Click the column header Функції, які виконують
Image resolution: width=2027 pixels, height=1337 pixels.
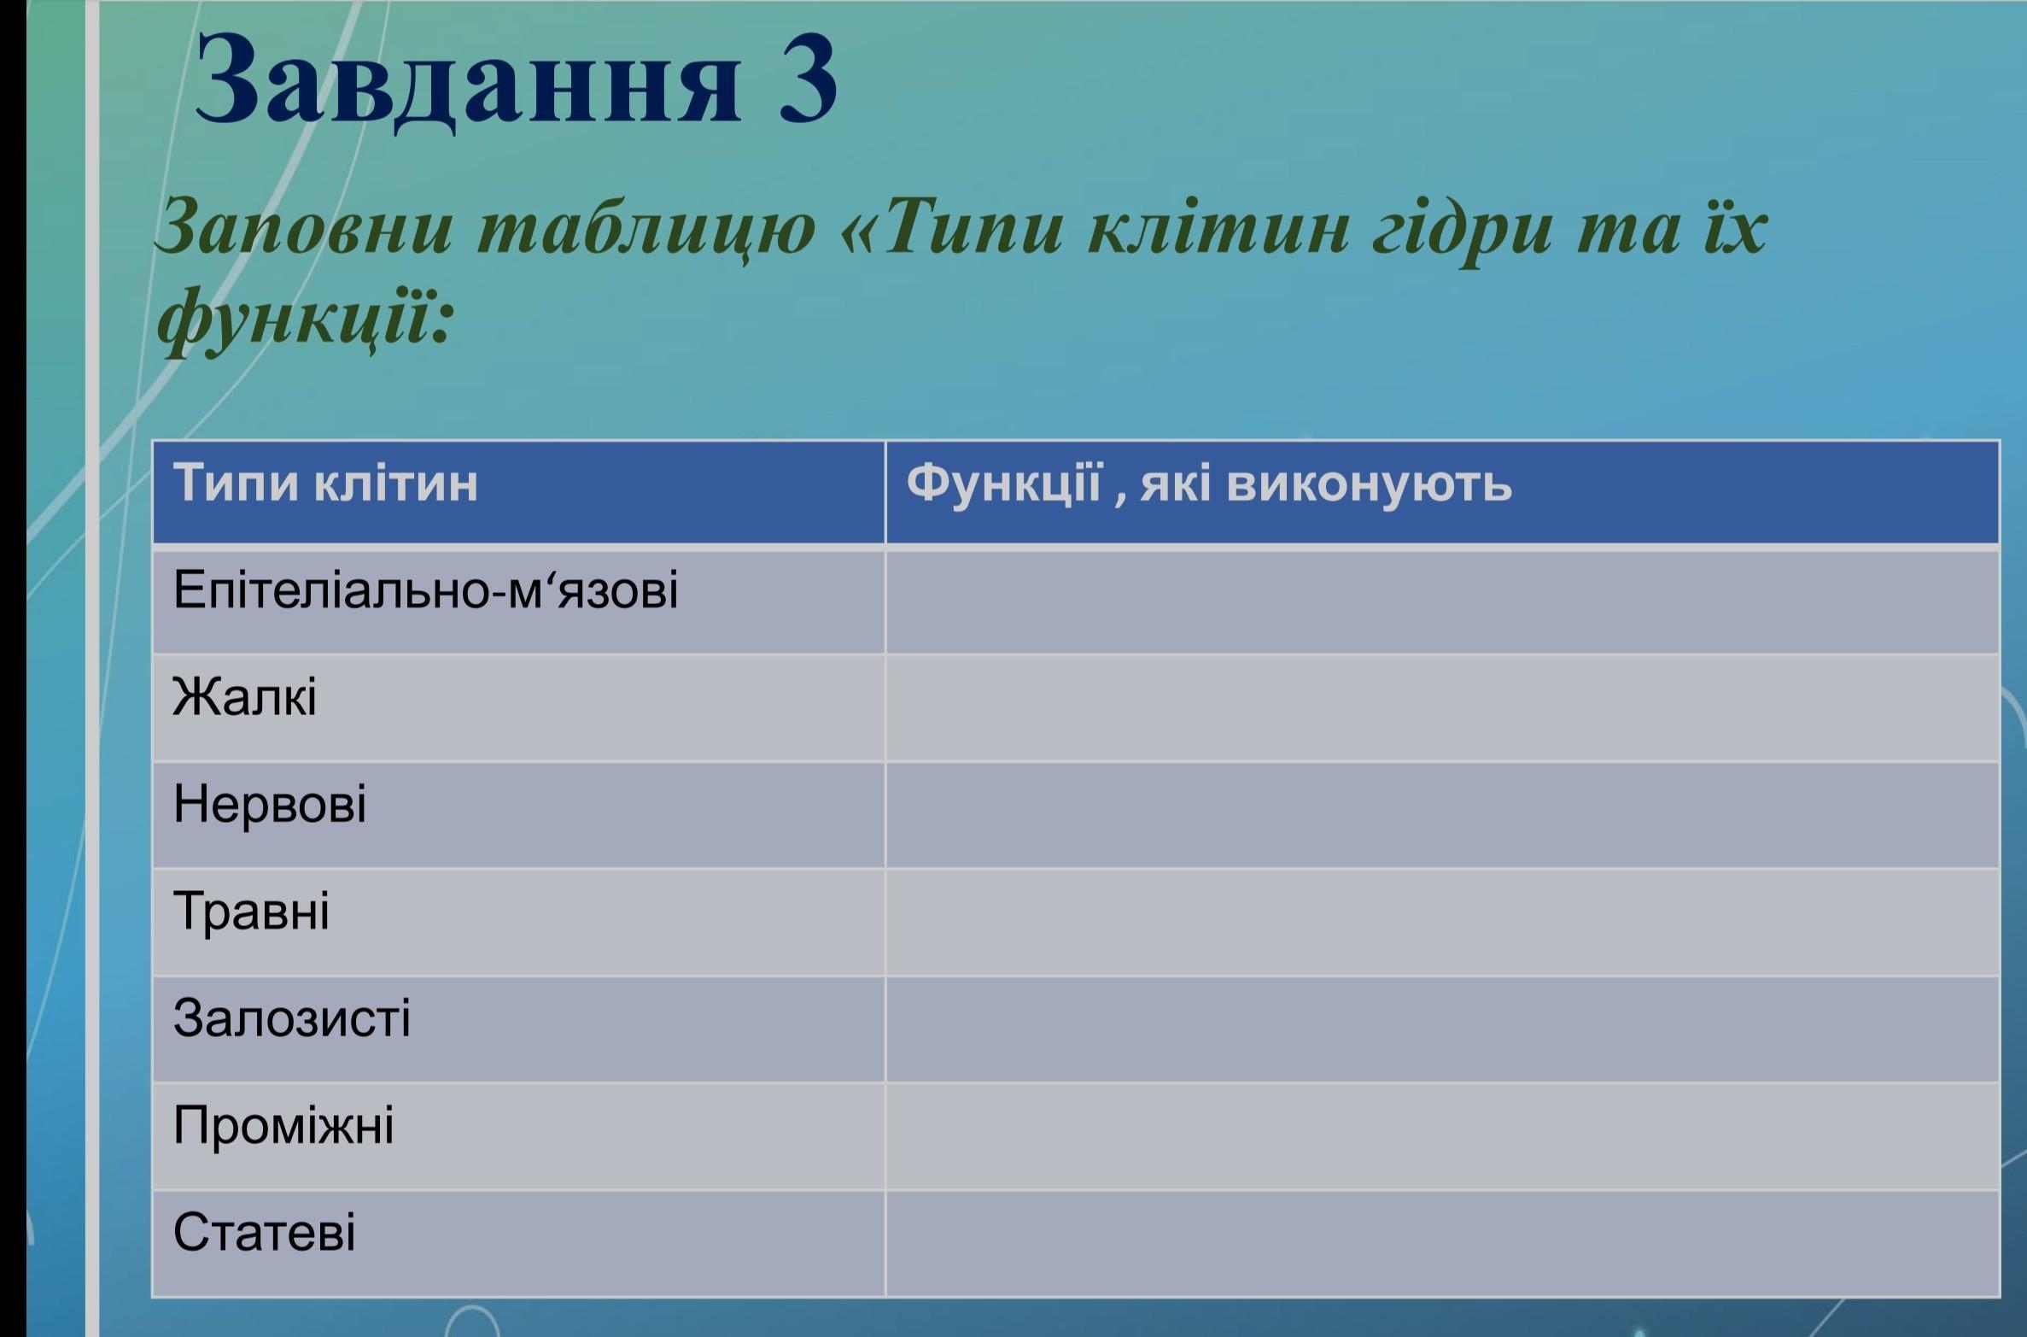point(1208,484)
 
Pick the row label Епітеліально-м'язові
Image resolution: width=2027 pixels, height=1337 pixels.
point(425,589)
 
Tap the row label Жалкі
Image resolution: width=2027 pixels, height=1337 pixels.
point(244,696)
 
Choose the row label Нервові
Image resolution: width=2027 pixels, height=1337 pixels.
point(269,804)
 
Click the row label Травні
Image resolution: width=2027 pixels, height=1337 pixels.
point(251,911)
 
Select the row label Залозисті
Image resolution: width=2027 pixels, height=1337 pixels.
point(291,1017)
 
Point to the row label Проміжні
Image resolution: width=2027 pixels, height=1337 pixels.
point(283,1124)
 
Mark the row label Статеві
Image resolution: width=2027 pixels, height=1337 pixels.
point(264,1231)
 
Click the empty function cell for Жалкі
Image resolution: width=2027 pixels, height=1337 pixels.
point(1442,707)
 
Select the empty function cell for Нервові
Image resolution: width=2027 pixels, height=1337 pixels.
point(1442,815)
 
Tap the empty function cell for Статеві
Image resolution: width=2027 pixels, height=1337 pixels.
point(1442,1243)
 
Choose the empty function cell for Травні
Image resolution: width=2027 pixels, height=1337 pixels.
point(1442,922)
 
